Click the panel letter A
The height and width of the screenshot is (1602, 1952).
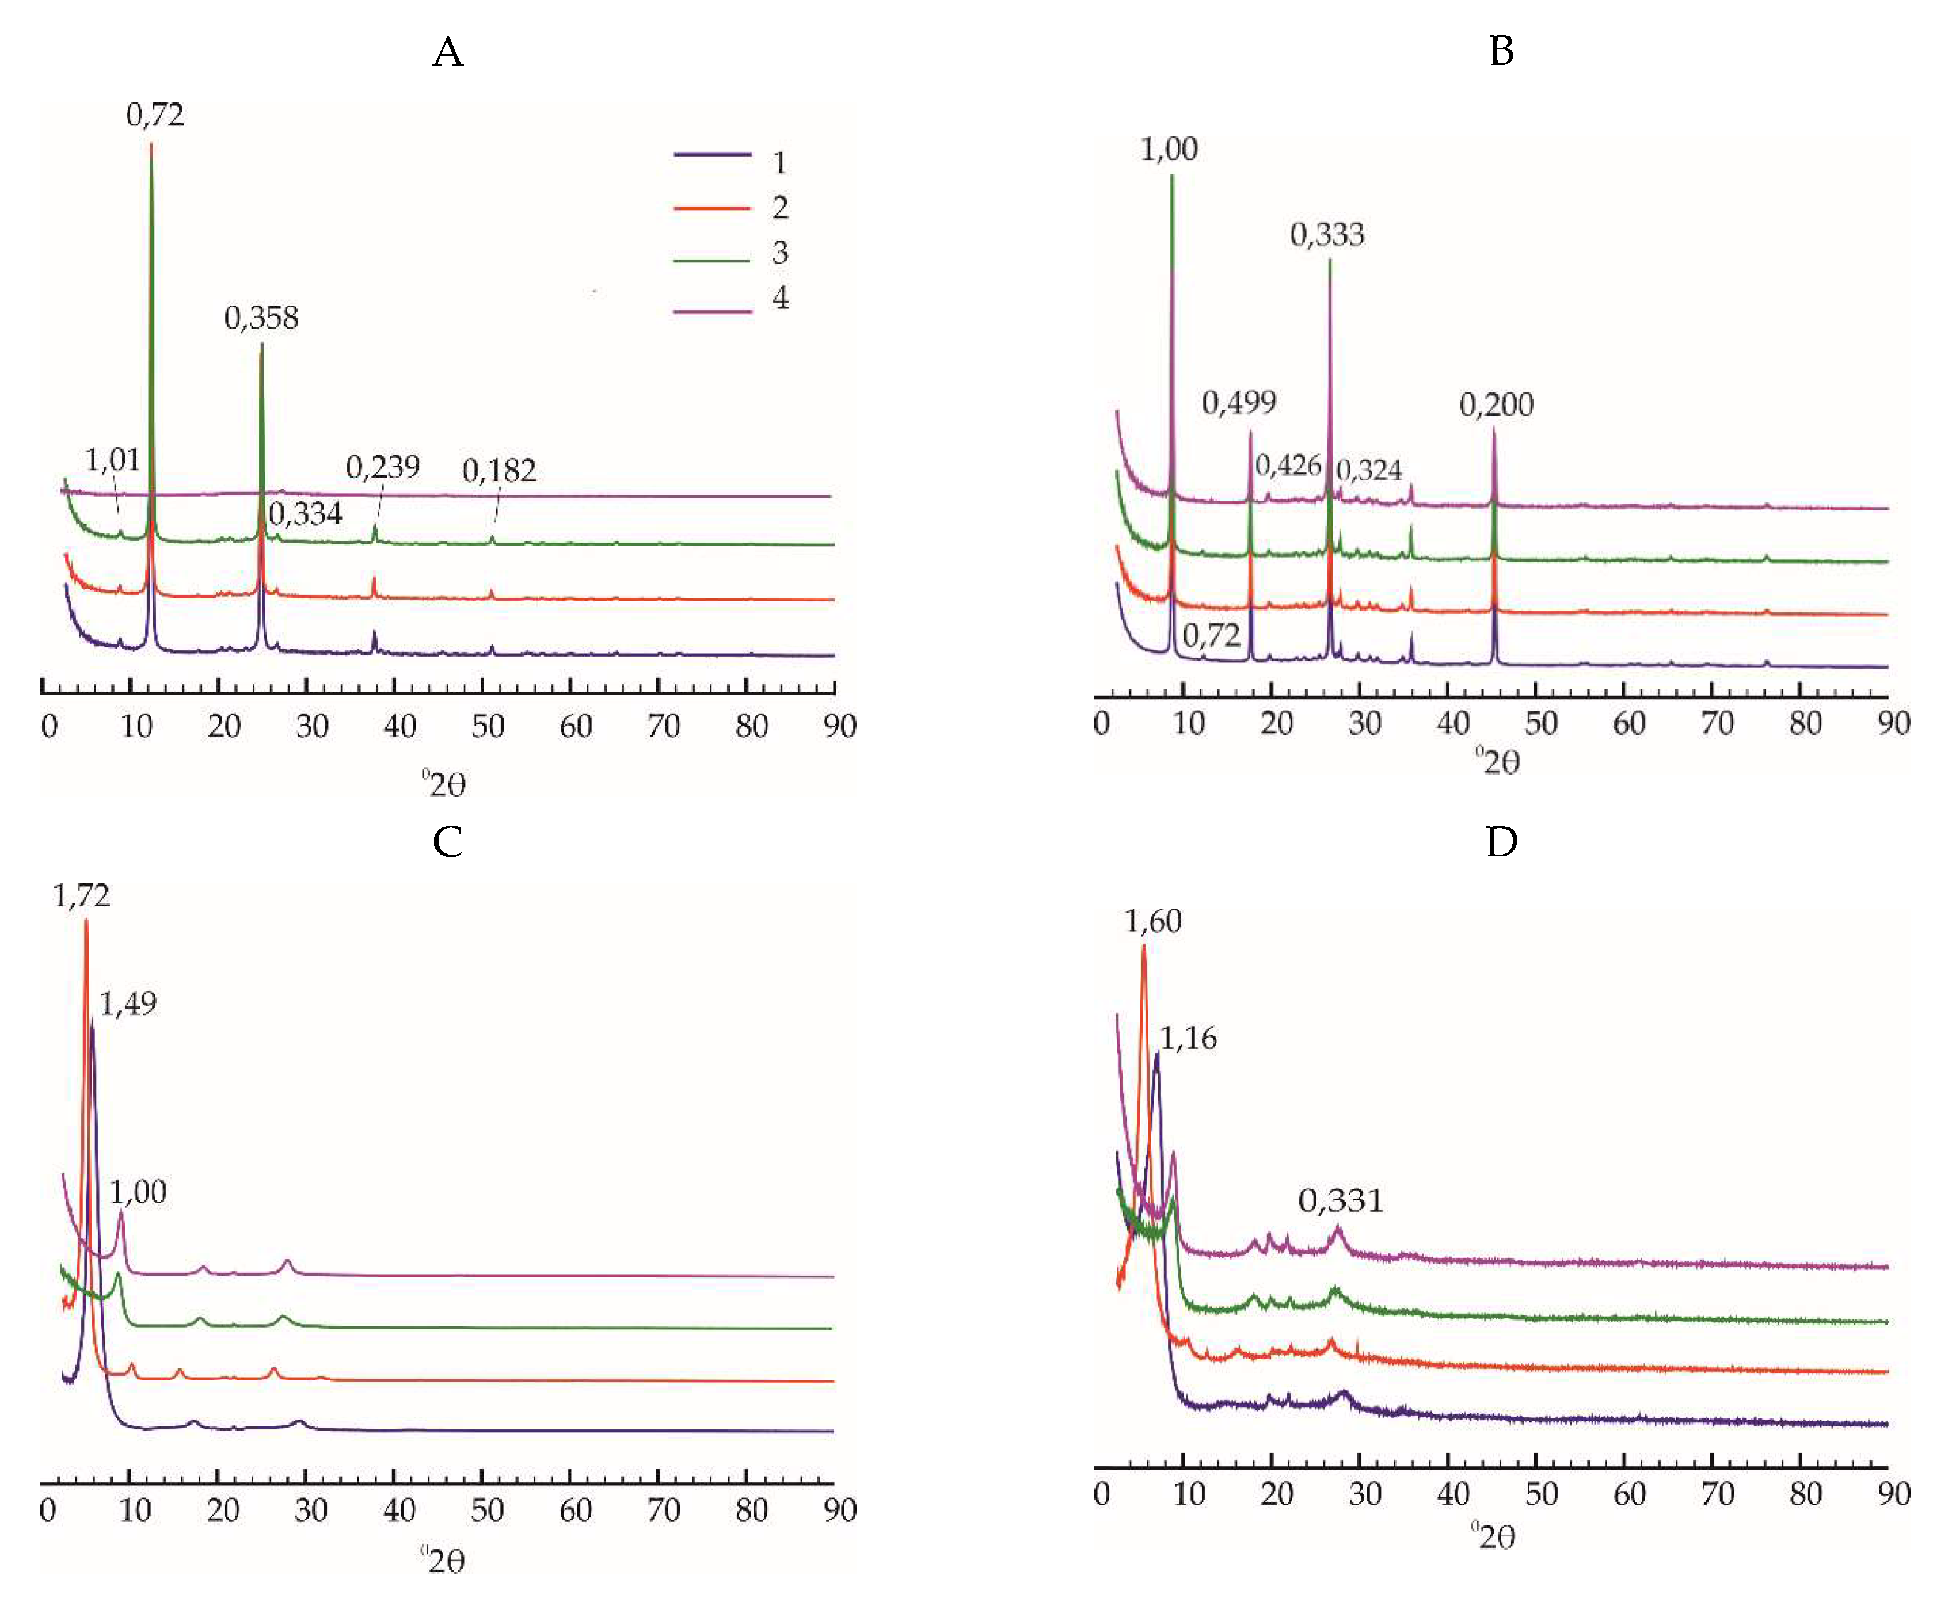click(x=448, y=52)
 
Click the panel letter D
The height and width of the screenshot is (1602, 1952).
click(x=1502, y=842)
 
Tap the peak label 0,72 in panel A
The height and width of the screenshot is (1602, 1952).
click(x=155, y=115)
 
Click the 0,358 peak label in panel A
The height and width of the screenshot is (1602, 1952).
click(x=261, y=318)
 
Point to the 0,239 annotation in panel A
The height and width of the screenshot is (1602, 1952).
click(x=382, y=468)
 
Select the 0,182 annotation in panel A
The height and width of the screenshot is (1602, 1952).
click(x=499, y=471)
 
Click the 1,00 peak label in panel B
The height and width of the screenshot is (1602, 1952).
click(x=1169, y=150)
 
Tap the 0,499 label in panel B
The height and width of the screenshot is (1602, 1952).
click(x=1239, y=403)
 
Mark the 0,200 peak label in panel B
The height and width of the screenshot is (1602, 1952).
click(x=1496, y=405)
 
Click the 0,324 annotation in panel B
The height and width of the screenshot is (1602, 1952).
click(x=1369, y=471)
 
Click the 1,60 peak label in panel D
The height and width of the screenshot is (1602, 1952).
click(x=1153, y=921)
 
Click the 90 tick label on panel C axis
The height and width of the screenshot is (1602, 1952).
click(x=839, y=1511)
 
